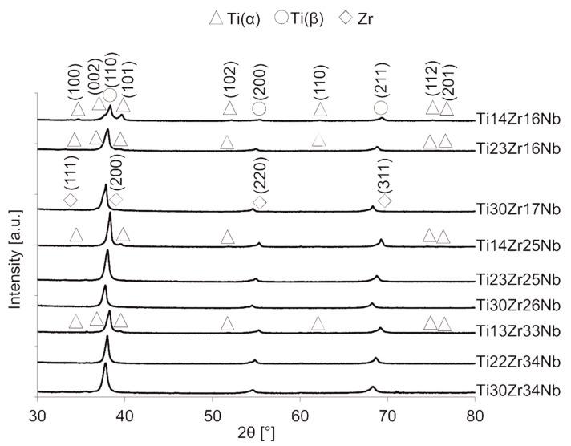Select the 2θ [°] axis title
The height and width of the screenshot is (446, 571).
[256, 435]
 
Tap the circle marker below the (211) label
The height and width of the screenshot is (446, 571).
[380, 108]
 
